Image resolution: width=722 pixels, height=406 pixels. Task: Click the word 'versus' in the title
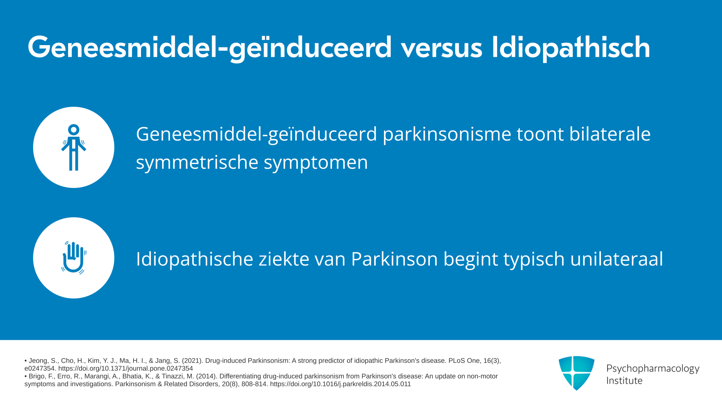441,48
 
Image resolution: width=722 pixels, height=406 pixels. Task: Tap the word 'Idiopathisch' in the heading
571,47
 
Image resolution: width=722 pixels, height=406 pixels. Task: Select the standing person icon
74,147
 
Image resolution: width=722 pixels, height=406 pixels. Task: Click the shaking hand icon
74,258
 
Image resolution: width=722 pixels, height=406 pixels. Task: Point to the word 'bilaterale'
610,134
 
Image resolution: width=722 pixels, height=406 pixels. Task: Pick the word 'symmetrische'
197,163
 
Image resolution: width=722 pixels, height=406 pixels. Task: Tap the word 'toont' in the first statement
540,135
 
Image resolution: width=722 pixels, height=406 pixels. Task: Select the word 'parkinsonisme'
447,135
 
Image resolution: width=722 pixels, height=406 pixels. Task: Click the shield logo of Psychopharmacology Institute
576,373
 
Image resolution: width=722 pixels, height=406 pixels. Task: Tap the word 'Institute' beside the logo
624,380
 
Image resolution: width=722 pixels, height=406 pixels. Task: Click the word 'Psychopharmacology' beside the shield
653,369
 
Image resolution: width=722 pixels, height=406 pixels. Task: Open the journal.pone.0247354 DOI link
126,368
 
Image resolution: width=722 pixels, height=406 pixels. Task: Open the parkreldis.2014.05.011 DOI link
340,384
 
